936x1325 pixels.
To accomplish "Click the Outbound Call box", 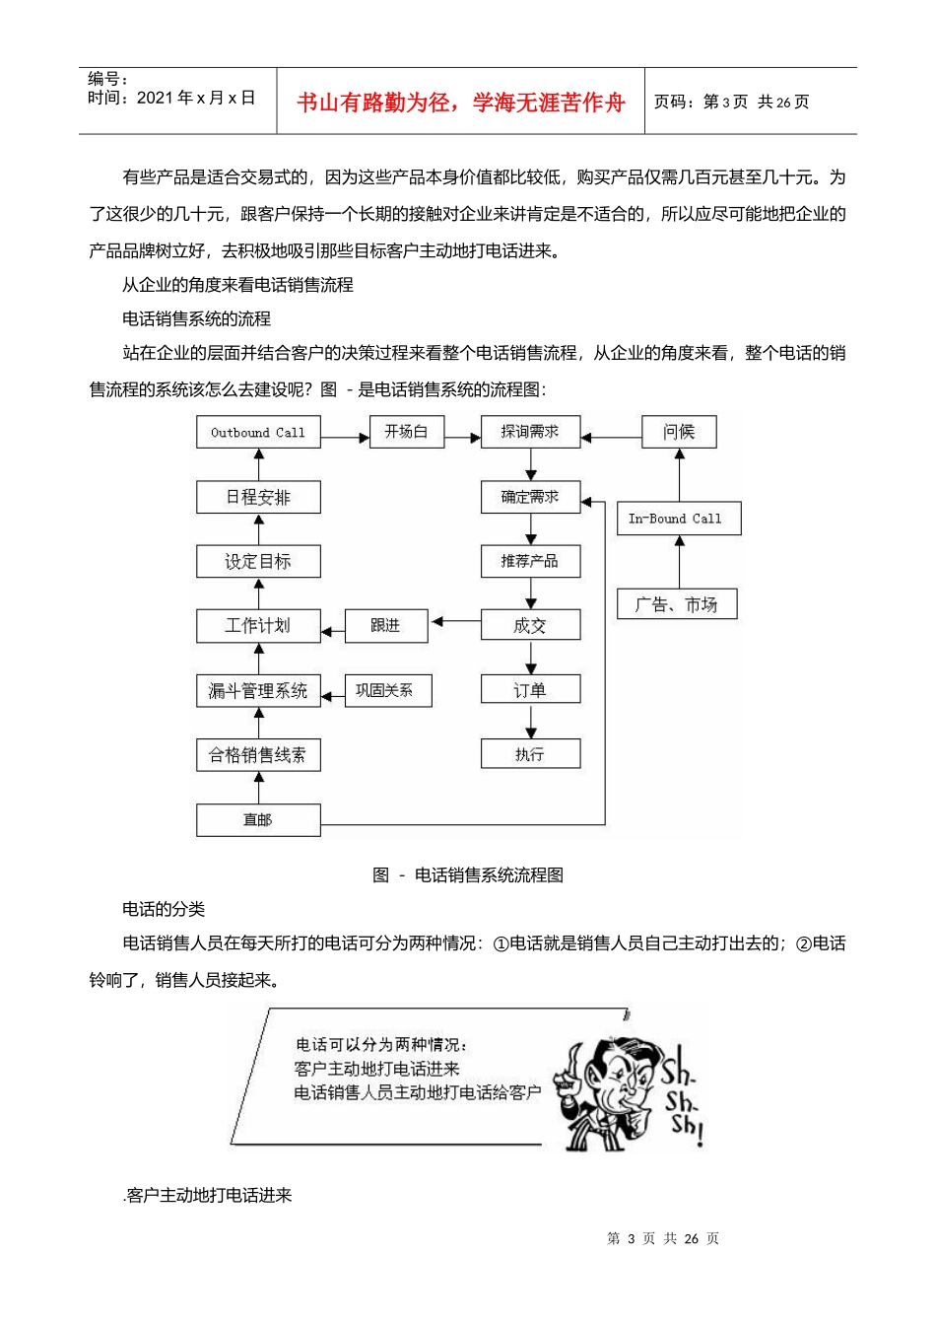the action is pos(258,433).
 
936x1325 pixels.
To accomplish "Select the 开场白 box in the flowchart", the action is pos(406,432).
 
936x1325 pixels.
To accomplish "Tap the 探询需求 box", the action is pos(530,432).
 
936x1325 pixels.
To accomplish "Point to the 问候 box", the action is pos(679,432).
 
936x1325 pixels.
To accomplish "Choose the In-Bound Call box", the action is pos(678,519).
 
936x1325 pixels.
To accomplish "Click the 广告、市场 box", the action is pos(677,604).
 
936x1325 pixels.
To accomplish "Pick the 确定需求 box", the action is pos(530,497).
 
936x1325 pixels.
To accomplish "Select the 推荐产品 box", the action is pos(530,561).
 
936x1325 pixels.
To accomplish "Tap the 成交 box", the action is pos(530,625).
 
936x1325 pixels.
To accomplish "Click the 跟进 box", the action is pos(386,625).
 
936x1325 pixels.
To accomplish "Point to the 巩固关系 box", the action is pos(387,690).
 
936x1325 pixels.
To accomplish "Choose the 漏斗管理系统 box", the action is pos(258,691).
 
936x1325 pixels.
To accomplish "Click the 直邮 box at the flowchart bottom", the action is pos(258,820).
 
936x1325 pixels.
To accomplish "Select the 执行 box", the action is pos(530,754).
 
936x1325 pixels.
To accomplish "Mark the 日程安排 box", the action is pos(258,497).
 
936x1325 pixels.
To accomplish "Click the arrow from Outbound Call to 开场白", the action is pos(345,436).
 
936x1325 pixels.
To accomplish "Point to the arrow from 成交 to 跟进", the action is pos(454,622).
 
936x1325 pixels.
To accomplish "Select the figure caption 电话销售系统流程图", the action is pos(488,874).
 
